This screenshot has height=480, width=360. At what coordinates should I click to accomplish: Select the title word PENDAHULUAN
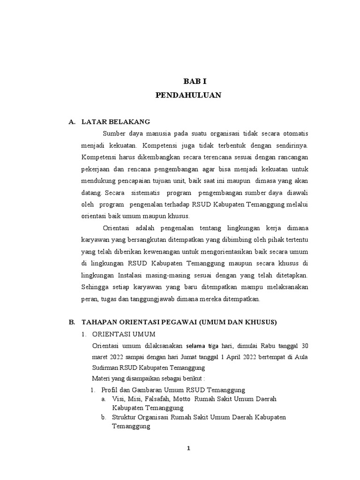[x=188, y=96]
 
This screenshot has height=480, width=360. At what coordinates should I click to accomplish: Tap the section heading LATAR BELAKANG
[x=109, y=122]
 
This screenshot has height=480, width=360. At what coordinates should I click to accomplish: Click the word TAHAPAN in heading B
[x=98, y=322]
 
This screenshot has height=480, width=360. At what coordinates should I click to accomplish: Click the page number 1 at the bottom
[x=188, y=448]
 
